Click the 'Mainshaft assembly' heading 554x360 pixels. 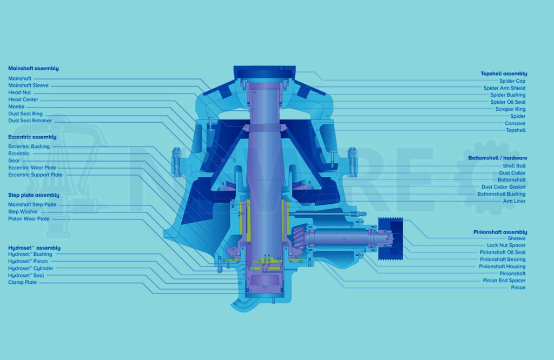34,69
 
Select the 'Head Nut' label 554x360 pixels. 19,92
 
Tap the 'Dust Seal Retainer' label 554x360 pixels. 30,121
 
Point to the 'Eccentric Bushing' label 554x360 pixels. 29,146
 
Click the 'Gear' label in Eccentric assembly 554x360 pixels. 14,161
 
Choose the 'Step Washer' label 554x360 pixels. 23,212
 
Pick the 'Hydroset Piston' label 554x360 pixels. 28,261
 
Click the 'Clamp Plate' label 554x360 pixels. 23,282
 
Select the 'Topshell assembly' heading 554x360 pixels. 504,74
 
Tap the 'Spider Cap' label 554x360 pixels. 512,81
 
